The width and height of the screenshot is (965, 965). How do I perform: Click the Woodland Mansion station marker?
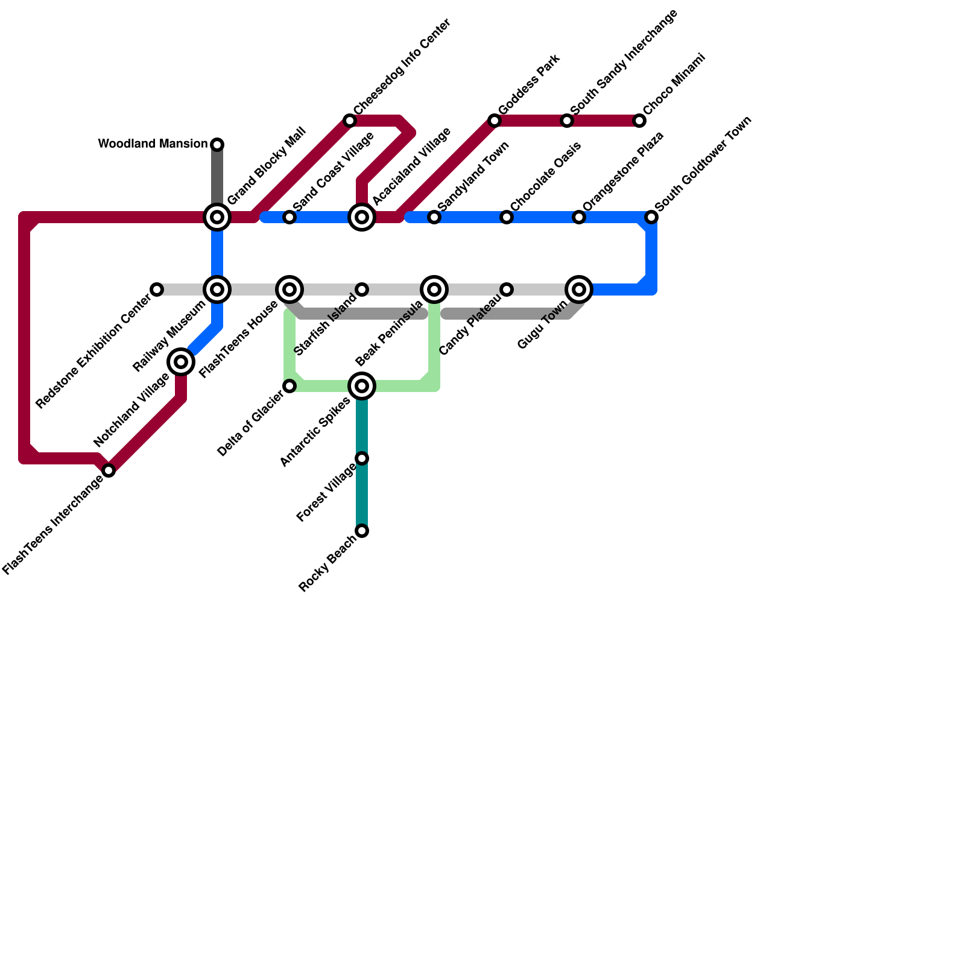click(x=217, y=145)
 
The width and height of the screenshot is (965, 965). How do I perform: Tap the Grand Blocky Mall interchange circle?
click(x=217, y=217)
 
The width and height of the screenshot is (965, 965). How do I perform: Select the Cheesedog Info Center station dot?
click(x=350, y=121)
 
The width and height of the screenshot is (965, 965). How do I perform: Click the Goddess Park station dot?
click(x=495, y=121)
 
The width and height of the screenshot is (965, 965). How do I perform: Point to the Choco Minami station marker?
click(x=639, y=121)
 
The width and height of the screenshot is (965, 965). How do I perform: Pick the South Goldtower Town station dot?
click(x=651, y=217)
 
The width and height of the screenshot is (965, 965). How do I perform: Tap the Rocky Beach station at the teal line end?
click(x=362, y=531)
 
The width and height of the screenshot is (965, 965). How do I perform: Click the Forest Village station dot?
click(x=362, y=458)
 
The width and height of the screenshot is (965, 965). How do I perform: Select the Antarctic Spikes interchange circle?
click(x=362, y=386)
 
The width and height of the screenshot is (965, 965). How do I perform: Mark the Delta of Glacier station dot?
click(x=289, y=386)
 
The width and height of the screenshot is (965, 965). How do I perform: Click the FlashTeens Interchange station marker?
click(x=109, y=470)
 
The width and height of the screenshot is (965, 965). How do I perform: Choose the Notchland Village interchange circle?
click(x=181, y=362)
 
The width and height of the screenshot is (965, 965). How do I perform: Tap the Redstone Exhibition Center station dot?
click(x=157, y=289)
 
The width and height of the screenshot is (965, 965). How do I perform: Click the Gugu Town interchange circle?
click(x=579, y=289)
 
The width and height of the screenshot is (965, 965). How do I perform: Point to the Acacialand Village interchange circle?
click(x=362, y=217)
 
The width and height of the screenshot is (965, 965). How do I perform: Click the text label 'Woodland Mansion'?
click(x=153, y=144)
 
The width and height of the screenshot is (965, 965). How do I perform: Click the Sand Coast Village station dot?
click(x=289, y=217)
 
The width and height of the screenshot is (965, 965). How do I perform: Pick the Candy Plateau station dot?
click(x=507, y=289)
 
